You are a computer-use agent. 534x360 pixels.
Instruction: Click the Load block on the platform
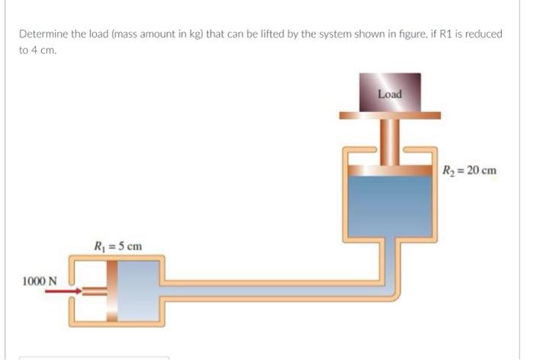coord(389,93)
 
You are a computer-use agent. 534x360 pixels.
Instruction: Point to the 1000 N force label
coord(39,280)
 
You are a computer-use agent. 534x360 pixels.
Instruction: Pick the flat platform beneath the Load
coord(390,116)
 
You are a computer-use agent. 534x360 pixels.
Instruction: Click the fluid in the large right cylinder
coord(390,202)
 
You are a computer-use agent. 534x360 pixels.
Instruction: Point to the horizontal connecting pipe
coord(275,289)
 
